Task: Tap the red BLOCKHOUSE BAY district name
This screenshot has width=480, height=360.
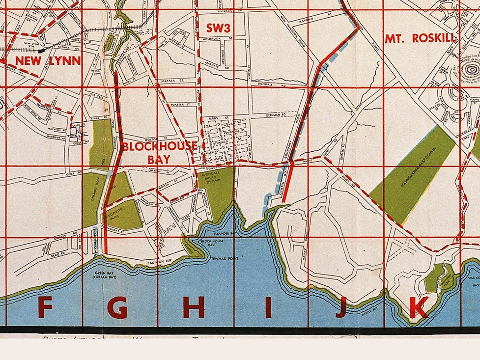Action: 159,152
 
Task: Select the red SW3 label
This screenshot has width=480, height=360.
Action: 218,28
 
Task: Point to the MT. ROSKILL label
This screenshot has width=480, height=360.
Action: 420,38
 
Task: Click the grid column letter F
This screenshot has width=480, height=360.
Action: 45,308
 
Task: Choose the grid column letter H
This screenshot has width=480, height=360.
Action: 194,308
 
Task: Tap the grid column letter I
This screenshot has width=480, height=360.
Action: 268,308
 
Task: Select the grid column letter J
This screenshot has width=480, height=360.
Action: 340,308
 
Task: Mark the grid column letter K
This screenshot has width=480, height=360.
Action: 418,308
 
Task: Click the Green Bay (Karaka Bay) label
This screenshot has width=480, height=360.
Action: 106,275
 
